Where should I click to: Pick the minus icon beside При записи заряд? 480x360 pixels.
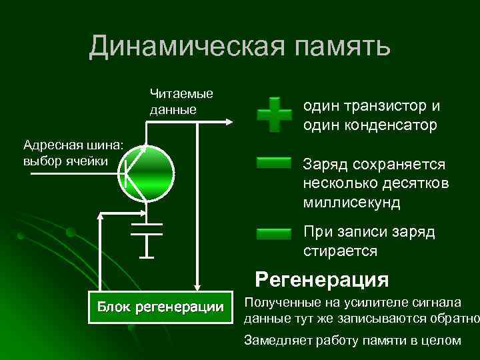pos(274,233)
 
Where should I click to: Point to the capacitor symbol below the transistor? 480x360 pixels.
pos(147,230)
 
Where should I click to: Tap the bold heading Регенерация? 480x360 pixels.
pos(322,278)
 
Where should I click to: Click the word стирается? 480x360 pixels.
pos(340,251)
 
